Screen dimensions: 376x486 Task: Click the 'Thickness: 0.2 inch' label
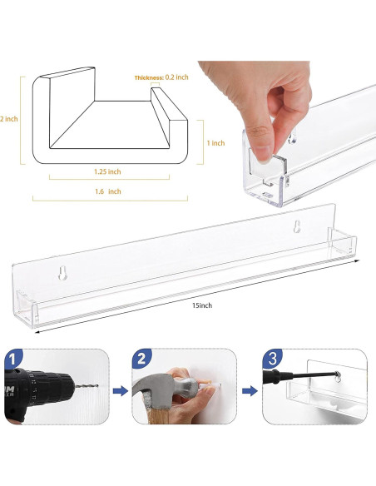click(x=161, y=77)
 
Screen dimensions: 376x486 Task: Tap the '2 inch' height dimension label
click(x=8, y=119)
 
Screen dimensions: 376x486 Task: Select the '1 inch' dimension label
click(x=216, y=143)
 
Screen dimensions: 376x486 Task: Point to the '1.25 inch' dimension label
click(x=107, y=171)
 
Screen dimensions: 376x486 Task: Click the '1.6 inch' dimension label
click(x=108, y=191)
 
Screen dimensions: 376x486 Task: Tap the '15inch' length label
click(x=202, y=305)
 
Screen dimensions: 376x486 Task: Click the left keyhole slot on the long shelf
click(x=63, y=273)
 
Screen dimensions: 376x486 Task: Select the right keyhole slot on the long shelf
click(x=297, y=226)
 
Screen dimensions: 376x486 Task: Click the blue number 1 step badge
click(x=13, y=360)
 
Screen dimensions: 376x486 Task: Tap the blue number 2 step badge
click(x=141, y=359)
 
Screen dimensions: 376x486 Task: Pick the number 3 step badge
click(x=272, y=359)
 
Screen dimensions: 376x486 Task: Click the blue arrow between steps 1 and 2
click(x=120, y=391)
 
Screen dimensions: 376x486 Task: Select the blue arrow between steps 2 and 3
click(x=250, y=391)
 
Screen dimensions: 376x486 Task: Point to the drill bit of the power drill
click(x=87, y=386)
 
